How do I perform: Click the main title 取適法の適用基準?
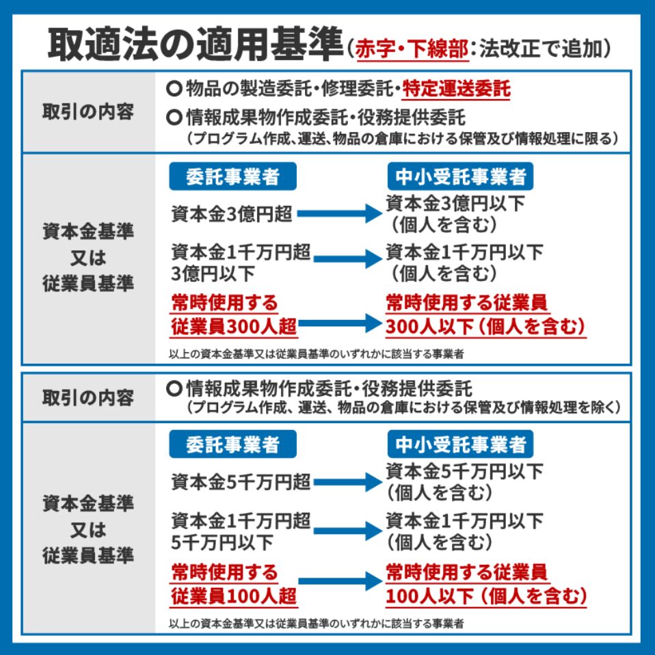pos(196,44)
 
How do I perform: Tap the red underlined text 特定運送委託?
pos(456,89)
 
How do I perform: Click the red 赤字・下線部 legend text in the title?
pos(412,49)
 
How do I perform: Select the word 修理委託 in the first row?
pos(358,89)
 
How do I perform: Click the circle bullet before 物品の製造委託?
pos(174,89)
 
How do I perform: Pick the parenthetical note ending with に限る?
pos(402,138)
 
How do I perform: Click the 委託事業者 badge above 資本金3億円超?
pos(232,176)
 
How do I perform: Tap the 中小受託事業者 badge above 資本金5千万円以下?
pos(460,444)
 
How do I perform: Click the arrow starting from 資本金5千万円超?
pos(347,482)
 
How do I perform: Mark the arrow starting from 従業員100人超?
pos(340,581)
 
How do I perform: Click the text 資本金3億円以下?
pos(455,204)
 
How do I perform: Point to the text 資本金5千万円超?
pos(241,481)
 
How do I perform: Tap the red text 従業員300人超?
pos(234,327)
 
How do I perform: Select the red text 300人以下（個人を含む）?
pos(485,327)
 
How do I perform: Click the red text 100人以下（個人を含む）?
pos(486,596)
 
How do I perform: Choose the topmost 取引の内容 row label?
pos(88,112)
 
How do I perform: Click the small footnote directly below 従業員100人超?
pos(317,624)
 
